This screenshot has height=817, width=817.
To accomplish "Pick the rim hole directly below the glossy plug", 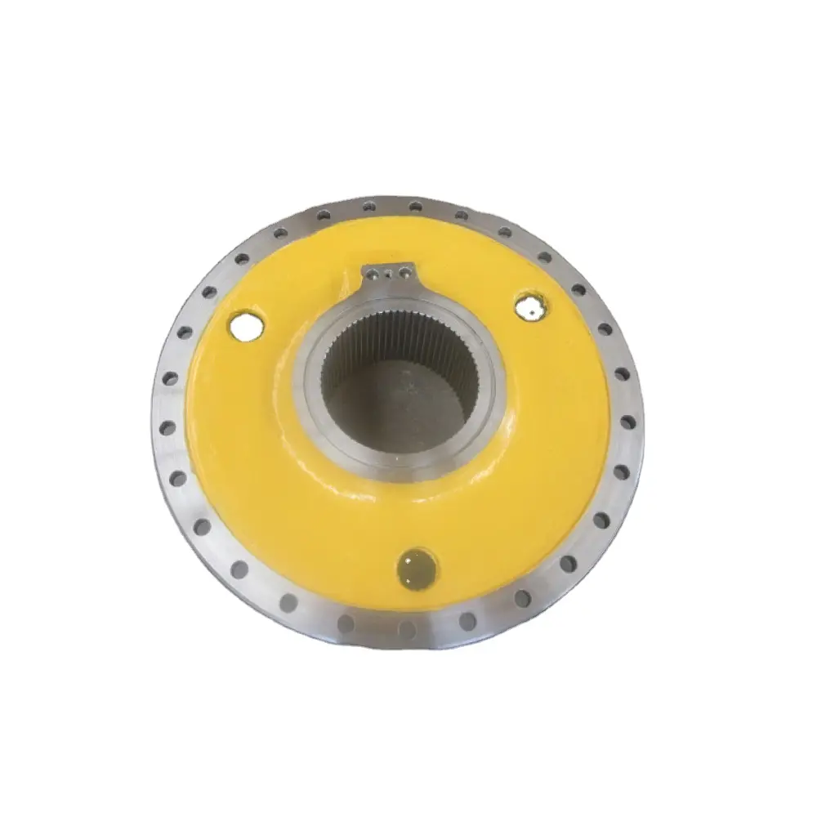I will point(406,627).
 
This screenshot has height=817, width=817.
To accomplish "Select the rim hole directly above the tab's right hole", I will point(416,206).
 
